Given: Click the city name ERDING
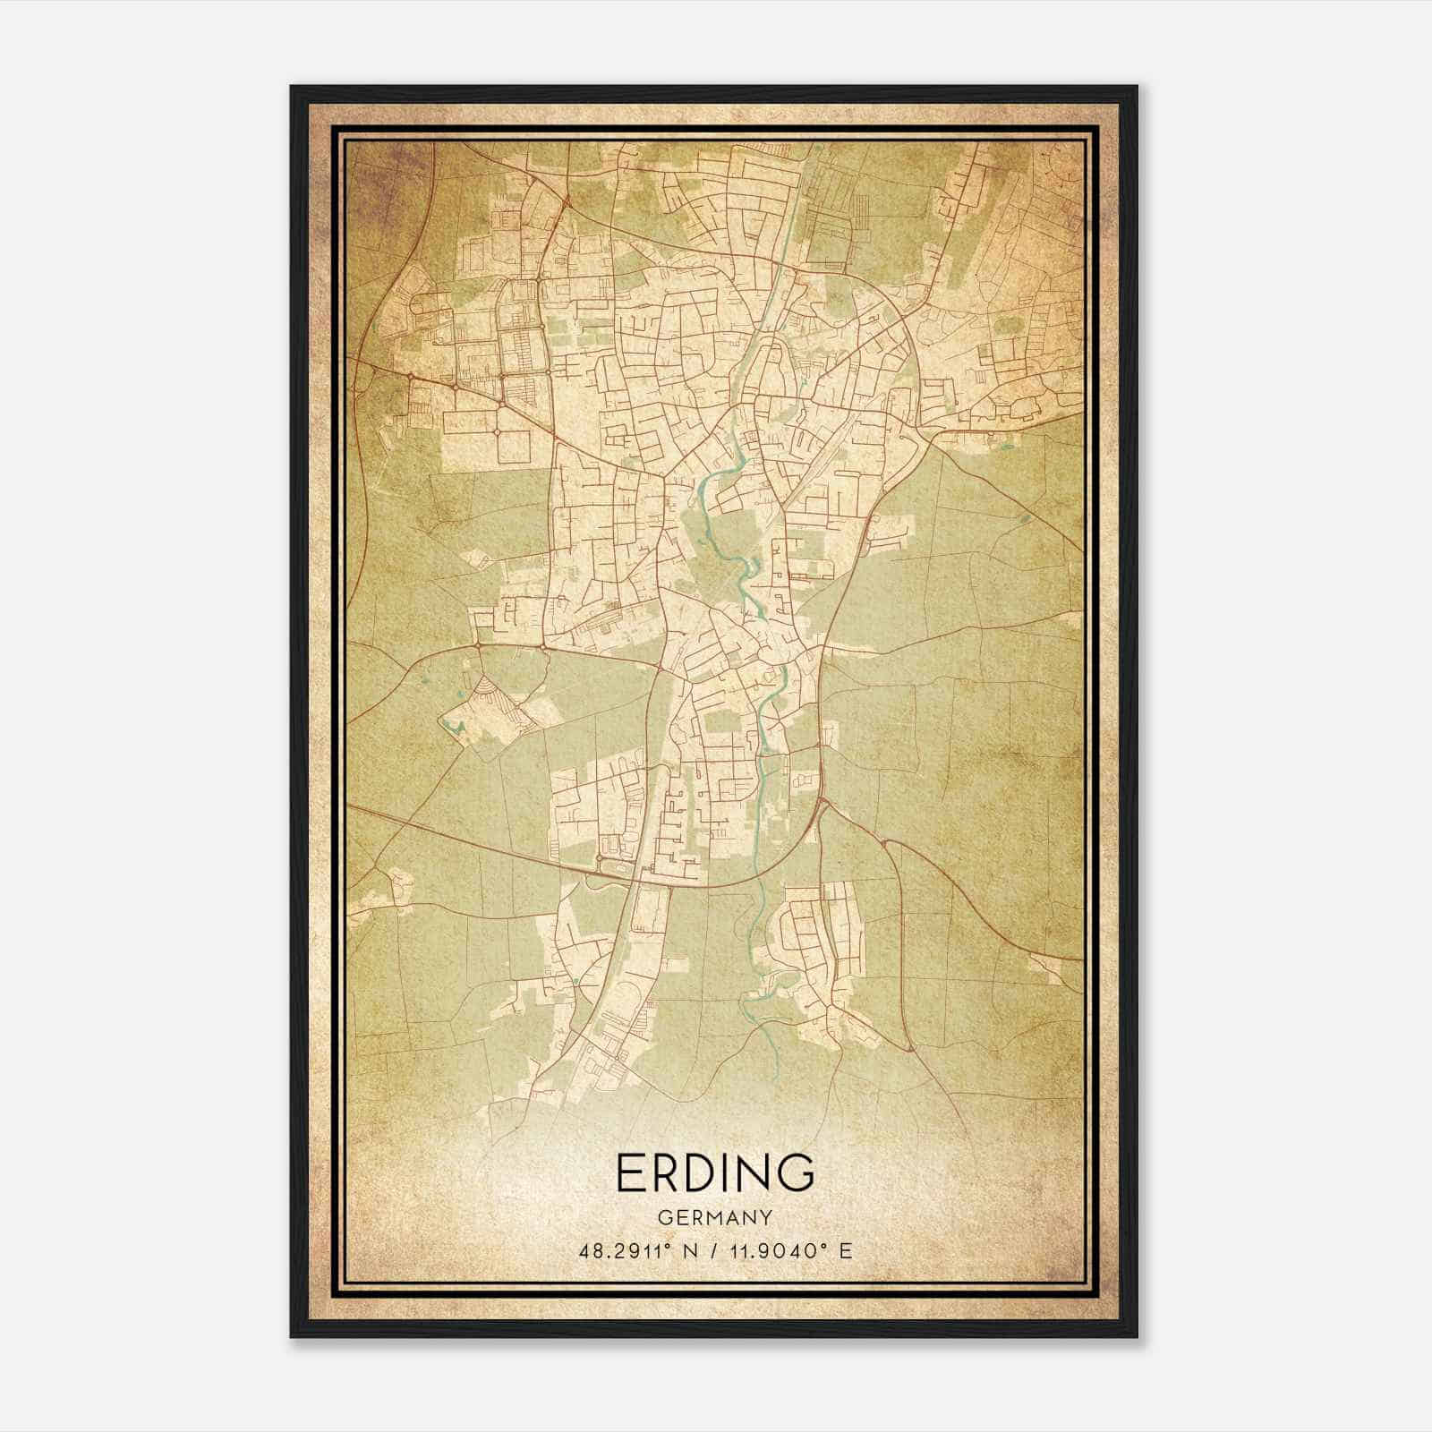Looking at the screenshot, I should [715, 1172].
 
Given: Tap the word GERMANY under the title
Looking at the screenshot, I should [715, 1219].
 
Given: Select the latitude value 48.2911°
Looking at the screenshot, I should [624, 1250].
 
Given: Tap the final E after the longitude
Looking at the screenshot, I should [845, 1250].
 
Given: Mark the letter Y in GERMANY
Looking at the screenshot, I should [767, 1219].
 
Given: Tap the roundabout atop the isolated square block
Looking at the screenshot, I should [497, 432].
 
